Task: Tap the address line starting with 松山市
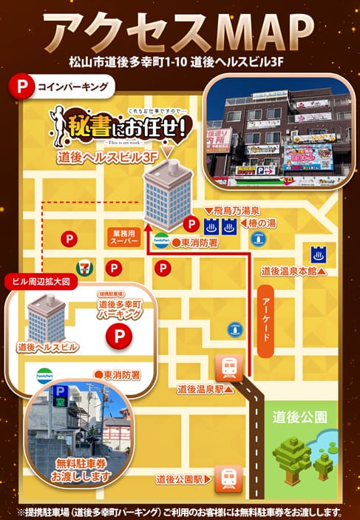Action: [x=180, y=61]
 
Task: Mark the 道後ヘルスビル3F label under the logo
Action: [x=108, y=158]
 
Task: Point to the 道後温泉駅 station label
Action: [x=201, y=388]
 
